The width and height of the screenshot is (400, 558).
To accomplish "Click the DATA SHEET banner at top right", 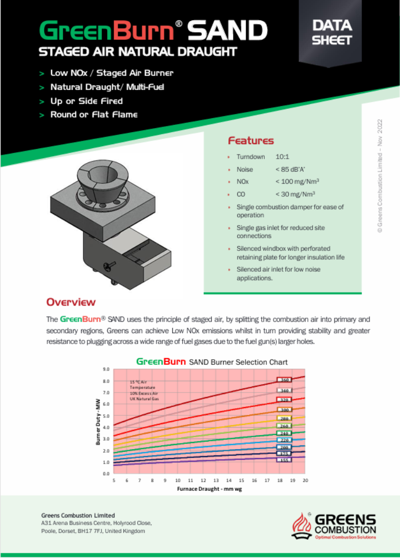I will click(331, 32).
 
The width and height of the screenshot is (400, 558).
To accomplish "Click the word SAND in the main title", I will click(228, 32).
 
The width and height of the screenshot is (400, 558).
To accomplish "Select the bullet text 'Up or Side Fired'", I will click(86, 100).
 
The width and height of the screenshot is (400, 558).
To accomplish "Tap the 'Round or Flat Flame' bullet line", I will click(94, 115).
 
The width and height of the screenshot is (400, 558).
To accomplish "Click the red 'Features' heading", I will click(251, 141).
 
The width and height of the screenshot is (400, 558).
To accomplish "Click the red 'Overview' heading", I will click(71, 302).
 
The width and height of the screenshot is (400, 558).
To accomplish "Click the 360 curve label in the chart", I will click(285, 381).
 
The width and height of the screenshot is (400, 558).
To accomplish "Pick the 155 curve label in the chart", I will click(285, 460).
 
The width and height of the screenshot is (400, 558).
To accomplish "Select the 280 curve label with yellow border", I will click(285, 418).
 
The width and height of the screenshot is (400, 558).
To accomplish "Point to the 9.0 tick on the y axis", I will click(105, 369).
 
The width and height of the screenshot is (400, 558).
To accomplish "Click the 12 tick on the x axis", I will click(203, 480).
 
